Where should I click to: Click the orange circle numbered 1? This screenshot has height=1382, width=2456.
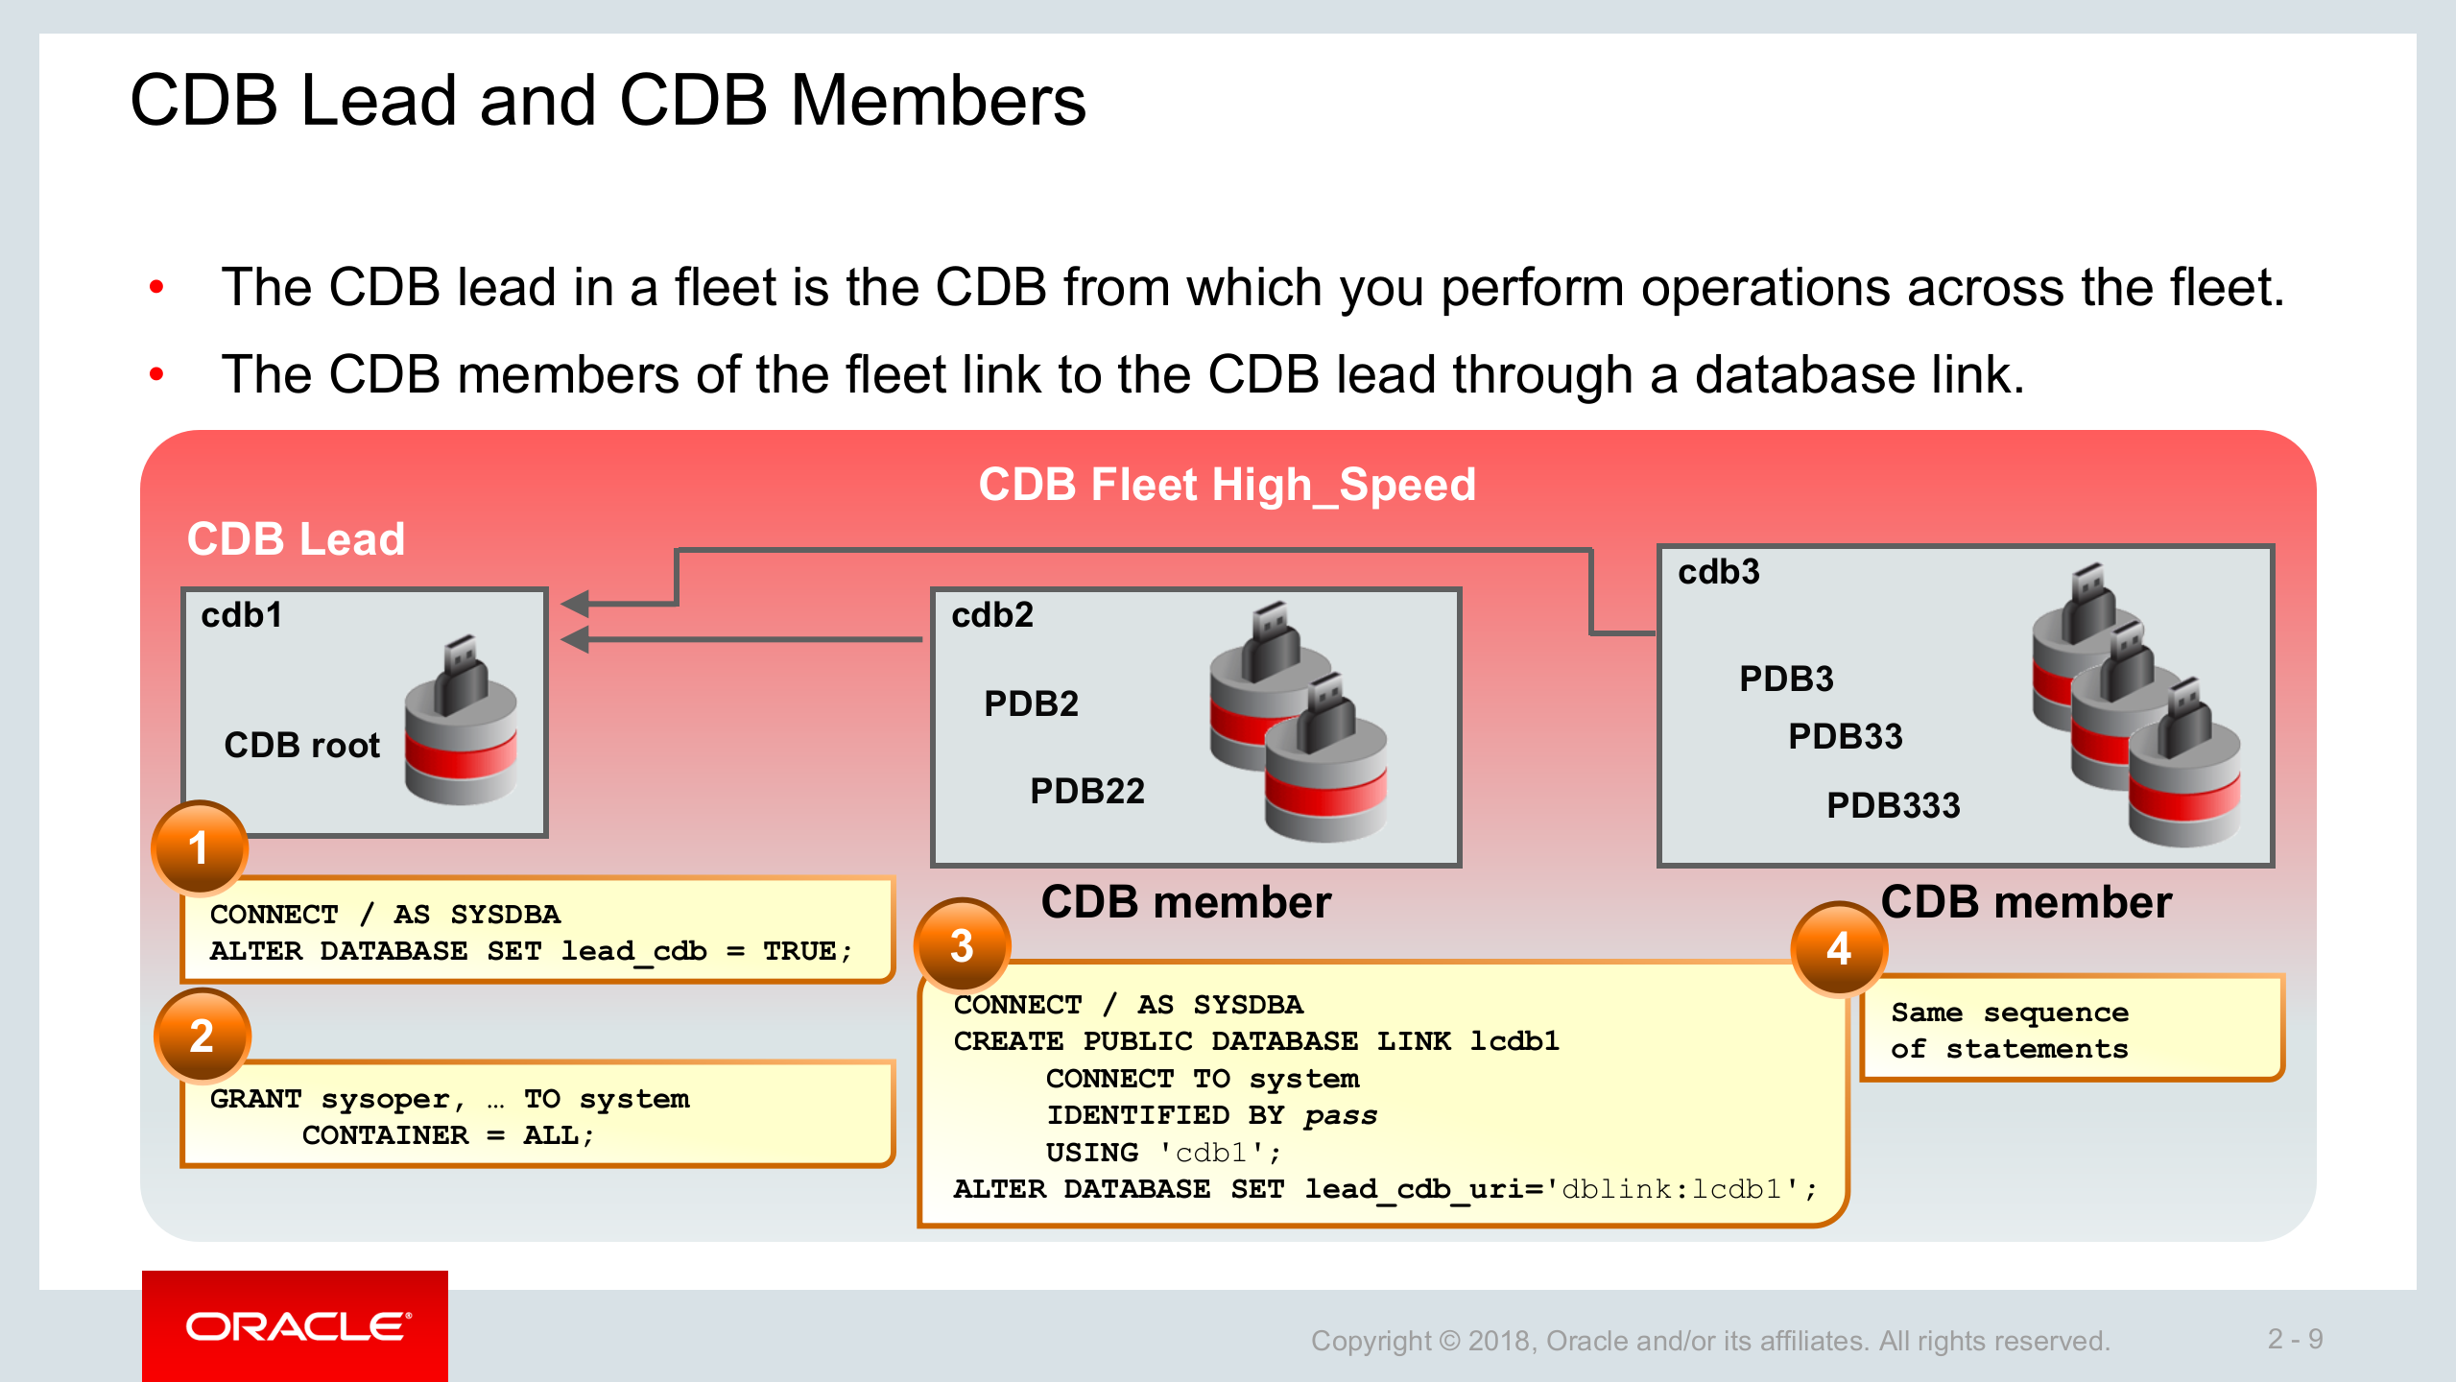(x=199, y=848)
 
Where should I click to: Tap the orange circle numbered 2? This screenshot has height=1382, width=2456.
(x=202, y=1036)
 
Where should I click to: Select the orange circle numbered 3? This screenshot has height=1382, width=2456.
(x=962, y=946)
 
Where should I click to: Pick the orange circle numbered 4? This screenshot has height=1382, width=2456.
(x=1838, y=949)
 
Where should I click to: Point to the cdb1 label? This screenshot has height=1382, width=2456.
(x=242, y=615)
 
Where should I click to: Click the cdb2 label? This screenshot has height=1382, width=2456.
(x=992, y=615)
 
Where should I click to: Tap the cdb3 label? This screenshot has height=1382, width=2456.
(x=1718, y=572)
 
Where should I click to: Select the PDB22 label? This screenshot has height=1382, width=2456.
(x=1086, y=792)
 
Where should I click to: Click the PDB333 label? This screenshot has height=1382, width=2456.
(x=1893, y=805)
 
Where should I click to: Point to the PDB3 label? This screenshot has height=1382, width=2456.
(x=1786, y=679)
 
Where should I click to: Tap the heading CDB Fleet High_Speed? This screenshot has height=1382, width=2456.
(x=1227, y=485)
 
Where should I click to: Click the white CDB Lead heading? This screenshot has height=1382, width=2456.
(x=296, y=539)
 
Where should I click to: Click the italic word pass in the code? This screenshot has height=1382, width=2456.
(x=1340, y=1115)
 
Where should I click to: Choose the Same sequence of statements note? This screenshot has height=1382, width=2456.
(x=2010, y=1031)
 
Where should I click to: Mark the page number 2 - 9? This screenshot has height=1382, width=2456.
(x=2295, y=1339)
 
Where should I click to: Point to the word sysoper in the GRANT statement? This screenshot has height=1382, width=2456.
(x=386, y=1099)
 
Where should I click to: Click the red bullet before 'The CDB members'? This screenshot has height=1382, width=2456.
(x=156, y=374)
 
